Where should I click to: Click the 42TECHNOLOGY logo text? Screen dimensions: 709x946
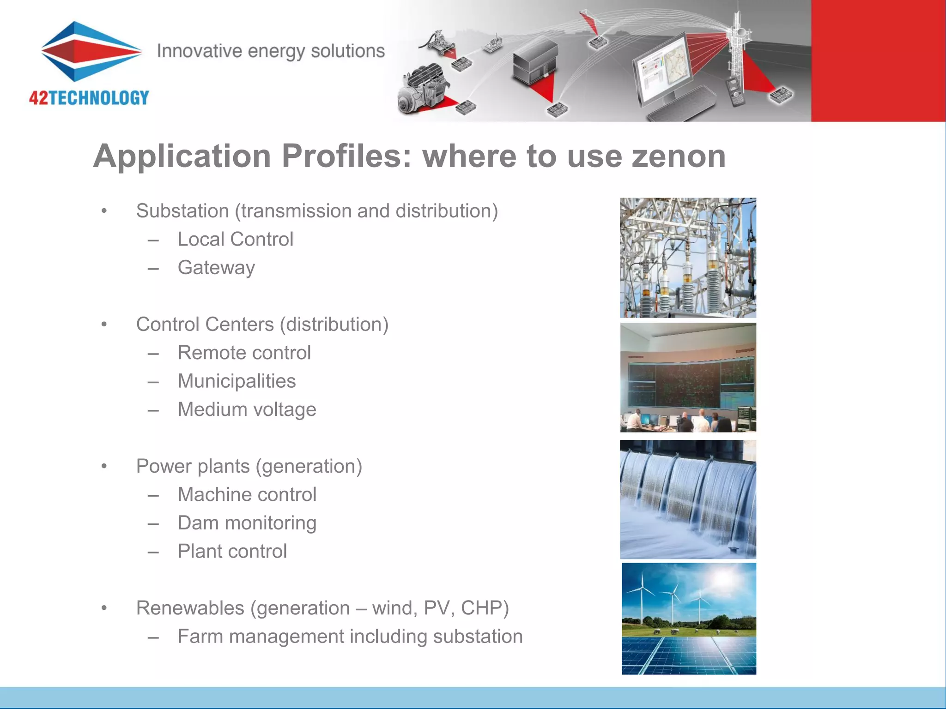pos(89,98)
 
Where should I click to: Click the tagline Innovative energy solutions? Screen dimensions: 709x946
pos(271,51)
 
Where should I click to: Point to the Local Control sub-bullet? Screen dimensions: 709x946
pos(235,239)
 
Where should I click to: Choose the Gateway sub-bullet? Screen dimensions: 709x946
pos(216,268)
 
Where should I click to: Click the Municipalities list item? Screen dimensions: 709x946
pos(236,381)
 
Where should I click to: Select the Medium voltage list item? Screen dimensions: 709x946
pos(247,409)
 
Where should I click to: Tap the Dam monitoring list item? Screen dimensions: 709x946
pos(247,523)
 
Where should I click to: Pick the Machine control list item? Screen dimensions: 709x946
pos(247,494)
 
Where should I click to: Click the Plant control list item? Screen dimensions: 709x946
pos(232,551)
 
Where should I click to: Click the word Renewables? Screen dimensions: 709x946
pos(190,608)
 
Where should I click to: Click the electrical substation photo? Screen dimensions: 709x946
pos(688,258)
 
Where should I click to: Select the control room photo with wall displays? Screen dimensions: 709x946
pos(688,378)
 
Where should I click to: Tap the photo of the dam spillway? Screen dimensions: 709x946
pos(688,499)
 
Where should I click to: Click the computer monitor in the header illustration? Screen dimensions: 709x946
pos(663,74)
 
